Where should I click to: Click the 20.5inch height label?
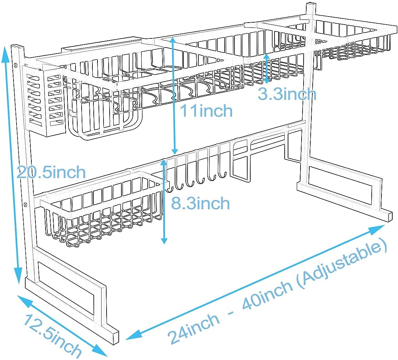[x=51, y=172]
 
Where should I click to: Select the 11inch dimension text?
[x=206, y=111]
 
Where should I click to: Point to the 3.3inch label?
[x=287, y=94]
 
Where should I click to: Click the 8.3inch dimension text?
[x=200, y=204]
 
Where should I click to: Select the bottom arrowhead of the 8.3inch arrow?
[x=164, y=240]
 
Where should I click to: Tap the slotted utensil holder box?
[x=45, y=101]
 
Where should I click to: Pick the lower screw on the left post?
[x=26, y=204]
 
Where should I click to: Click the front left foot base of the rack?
[x=71, y=303]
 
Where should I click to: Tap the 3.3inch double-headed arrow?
[x=266, y=69]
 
